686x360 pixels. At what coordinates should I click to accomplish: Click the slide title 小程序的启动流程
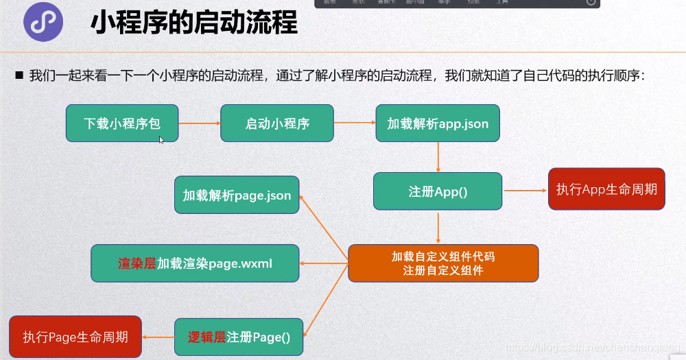194,23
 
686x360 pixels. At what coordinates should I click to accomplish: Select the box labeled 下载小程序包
122,123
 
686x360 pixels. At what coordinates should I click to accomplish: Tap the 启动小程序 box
277,123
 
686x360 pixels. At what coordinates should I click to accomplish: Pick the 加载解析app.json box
438,123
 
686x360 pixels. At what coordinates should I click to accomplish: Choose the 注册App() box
438,191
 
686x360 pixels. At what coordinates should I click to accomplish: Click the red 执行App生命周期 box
606,189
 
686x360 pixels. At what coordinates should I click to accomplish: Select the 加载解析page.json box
237,195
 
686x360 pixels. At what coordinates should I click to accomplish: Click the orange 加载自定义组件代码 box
443,263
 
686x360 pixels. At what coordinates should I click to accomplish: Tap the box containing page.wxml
195,263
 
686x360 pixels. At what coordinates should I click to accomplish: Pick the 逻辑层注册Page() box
239,337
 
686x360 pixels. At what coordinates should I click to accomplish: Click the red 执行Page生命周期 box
75,337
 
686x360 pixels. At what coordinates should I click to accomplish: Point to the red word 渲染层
137,263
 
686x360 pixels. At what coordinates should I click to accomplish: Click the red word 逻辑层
207,337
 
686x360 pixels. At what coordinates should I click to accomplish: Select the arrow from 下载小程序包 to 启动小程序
200,123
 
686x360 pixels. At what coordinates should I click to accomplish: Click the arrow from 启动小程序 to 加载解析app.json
355,123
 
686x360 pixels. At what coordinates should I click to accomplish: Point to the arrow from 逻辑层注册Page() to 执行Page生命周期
158,337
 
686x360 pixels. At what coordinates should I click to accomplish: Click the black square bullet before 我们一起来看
19,75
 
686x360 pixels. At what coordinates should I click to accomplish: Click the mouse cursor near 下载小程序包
161,140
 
